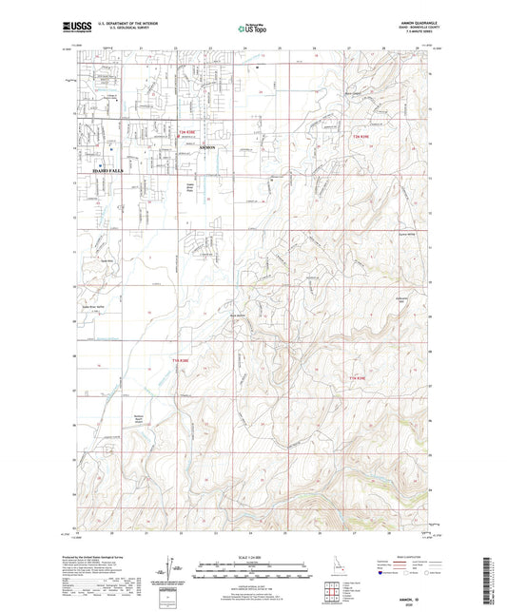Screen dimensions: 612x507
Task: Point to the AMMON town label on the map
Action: [x=206, y=149]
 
